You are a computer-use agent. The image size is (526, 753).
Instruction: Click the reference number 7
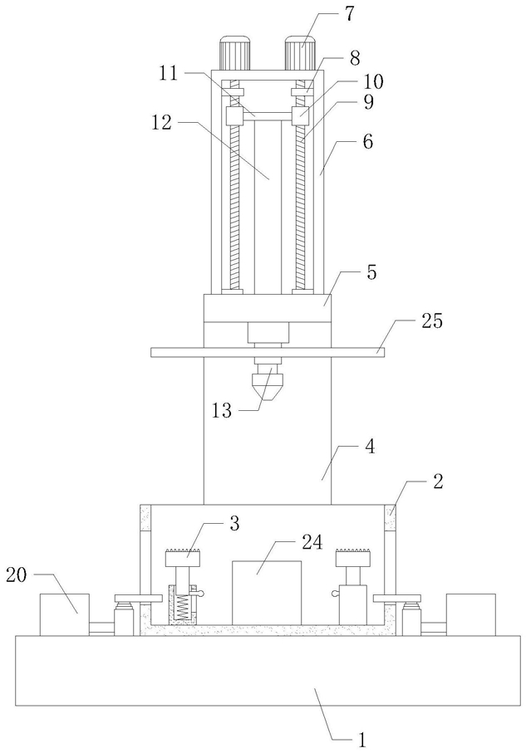[x=348, y=13]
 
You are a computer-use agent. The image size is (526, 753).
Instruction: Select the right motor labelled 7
[x=300, y=53]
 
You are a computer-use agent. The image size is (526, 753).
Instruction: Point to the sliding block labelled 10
[x=300, y=115]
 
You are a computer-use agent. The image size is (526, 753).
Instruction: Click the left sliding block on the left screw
[x=234, y=115]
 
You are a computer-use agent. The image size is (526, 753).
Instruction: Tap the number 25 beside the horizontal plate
[x=432, y=320]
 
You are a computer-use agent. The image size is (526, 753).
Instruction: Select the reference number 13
[x=222, y=411]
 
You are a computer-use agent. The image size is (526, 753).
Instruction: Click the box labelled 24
[x=267, y=592]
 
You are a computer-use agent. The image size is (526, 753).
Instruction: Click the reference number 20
[x=17, y=575]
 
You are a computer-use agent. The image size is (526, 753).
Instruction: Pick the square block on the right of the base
[x=470, y=614]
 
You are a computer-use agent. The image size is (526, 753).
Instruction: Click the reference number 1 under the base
[x=362, y=739]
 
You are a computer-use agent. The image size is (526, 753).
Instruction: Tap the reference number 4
[x=370, y=447]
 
